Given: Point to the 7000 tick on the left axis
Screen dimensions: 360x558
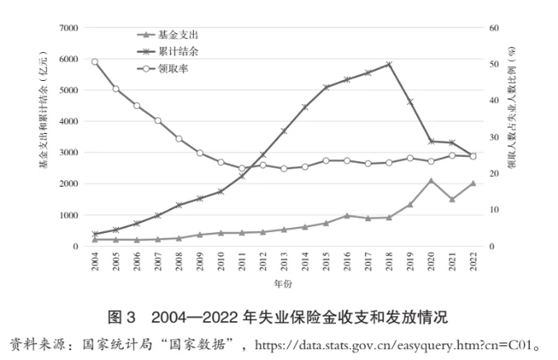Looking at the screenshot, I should (x=69, y=28).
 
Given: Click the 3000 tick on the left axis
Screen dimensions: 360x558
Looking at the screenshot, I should (x=69, y=153).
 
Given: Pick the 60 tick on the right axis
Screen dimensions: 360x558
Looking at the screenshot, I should (x=493, y=28).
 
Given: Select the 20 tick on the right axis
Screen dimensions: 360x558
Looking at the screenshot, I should (x=493, y=173).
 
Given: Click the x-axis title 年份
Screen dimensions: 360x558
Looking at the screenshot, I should (x=282, y=284).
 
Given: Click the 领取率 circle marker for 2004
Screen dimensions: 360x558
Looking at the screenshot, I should (x=95, y=62).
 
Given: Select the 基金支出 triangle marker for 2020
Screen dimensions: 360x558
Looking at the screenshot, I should (x=431, y=180).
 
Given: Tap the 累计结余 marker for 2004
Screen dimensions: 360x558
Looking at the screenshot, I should (x=95, y=234).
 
